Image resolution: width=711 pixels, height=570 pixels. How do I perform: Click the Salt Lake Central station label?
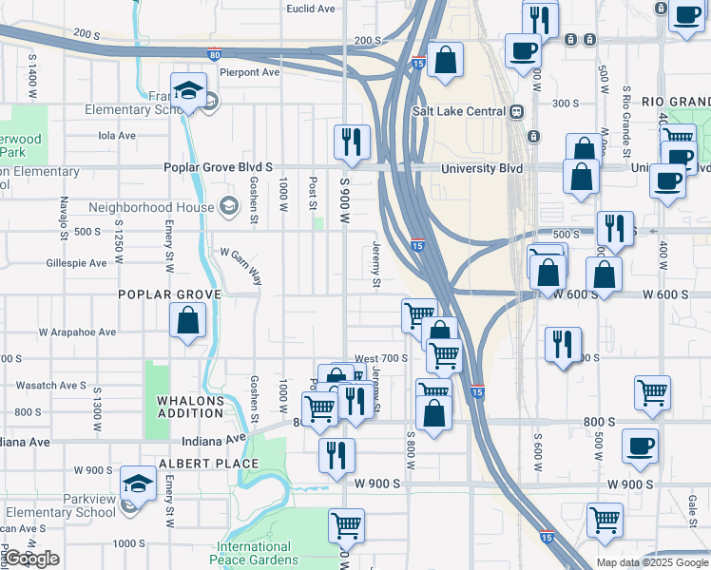[458, 110]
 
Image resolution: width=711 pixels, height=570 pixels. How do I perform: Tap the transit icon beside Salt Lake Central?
[517, 110]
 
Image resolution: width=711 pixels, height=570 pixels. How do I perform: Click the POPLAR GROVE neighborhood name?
[169, 294]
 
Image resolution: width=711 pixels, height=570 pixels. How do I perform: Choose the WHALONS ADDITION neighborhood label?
[190, 408]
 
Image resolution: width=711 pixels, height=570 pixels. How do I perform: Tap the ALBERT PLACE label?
[208, 464]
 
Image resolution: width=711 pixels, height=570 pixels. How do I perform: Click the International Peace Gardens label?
[254, 553]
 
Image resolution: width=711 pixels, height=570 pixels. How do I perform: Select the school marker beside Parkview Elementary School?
[139, 484]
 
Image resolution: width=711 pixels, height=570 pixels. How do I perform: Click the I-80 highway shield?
[215, 55]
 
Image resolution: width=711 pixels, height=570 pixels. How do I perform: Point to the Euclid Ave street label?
[312, 9]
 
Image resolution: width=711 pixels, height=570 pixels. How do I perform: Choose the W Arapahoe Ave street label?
[77, 332]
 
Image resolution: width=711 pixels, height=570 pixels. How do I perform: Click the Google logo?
[31, 559]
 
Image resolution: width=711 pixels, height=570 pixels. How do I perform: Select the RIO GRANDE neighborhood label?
[676, 103]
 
